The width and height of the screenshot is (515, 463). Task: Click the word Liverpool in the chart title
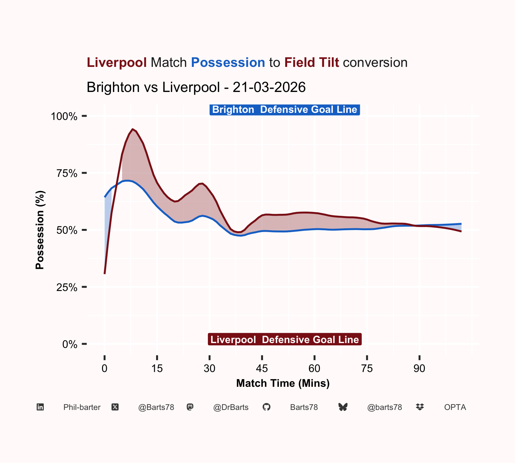[x=117, y=62]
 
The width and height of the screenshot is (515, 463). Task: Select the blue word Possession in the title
[x=228, y=62]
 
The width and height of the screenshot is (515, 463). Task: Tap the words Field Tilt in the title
[x=312, y=62]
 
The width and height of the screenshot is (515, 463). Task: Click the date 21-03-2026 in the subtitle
[x=269, y=87]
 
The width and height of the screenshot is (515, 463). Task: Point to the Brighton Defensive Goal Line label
[x=285, y=110]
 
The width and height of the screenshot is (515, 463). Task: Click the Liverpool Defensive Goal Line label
[x=285, y=340]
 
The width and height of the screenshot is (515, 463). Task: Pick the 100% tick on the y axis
[x=64, y=116]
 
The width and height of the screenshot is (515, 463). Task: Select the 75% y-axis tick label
[x=67, y=173]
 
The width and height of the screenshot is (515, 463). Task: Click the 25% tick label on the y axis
[x=67, y=287]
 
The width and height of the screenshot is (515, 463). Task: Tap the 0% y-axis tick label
[x=70, y=344]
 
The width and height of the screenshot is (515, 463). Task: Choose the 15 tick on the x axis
[x=157, y=368]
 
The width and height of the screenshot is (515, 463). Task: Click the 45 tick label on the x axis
[x=262, y=368]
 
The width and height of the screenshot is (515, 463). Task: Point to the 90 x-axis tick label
[x=419, y=368]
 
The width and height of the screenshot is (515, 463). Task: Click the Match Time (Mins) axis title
[x=283, y=383]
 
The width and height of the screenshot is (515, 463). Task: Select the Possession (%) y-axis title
[x=40, y=230]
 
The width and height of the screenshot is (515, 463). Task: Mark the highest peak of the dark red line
[x=132, y=129]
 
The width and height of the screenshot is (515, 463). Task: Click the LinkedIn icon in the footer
[x=40, y=407]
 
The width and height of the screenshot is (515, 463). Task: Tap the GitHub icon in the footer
[x=267, y=407]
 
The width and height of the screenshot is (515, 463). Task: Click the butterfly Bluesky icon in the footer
[x=343, y=407]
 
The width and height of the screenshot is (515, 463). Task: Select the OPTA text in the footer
[x=455, y=407]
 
